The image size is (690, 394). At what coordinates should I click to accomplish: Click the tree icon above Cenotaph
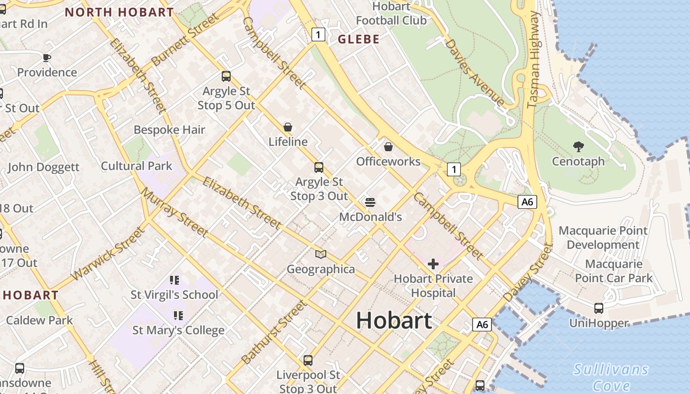coord(578,146)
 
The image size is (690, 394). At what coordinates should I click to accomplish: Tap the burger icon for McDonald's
coord(370,202)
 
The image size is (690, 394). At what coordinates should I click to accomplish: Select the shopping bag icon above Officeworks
coord(388,146)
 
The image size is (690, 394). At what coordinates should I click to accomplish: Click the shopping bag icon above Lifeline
coord(288,127)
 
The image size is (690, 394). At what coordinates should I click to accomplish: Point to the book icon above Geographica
coord(321,254)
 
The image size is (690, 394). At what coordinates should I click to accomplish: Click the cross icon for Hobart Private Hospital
coord(433,264)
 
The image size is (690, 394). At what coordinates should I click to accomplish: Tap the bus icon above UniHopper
coord(599,308)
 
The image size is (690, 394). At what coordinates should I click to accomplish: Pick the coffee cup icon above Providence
coord(47,58)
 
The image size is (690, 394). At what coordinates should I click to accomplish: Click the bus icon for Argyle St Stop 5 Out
coord(226,76)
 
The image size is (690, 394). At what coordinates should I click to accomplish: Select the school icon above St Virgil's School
coord(174,280)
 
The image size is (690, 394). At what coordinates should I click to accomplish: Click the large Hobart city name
coord(394,320)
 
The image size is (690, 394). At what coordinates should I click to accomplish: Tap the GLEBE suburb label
coord(358,39)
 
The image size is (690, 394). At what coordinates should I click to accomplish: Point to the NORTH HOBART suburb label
coord(119,12)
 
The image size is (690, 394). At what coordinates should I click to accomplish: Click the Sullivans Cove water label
coord(611,377)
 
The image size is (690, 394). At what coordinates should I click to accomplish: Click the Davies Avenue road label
coord(474,72)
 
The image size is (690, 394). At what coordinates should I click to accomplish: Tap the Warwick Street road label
coord(108,253)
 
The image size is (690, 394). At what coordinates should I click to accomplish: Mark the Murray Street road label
coord(174,212)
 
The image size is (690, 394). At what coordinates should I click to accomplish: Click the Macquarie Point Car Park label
coord(614,271)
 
